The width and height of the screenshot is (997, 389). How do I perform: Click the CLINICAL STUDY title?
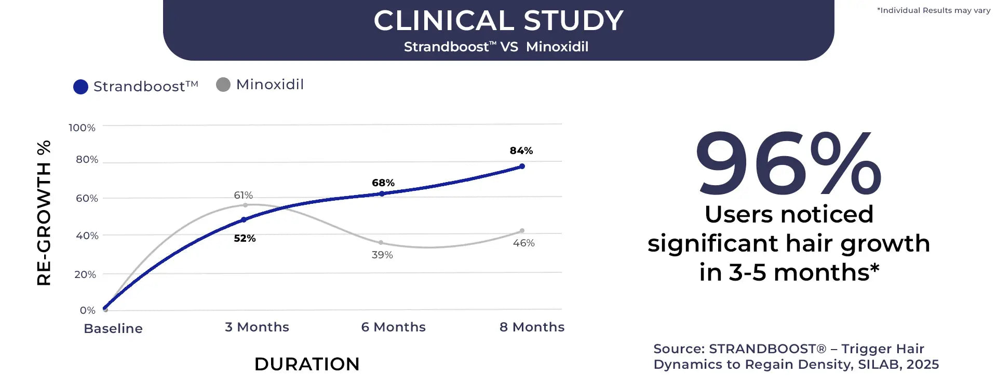498,21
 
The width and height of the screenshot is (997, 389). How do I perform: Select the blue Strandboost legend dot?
80,87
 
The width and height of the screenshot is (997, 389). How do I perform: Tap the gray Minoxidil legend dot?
223,85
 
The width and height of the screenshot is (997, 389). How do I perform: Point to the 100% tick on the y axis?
82,128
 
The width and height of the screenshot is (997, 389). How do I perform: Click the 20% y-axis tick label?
85,274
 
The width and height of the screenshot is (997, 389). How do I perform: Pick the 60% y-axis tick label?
87,198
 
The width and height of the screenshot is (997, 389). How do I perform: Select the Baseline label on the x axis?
113,328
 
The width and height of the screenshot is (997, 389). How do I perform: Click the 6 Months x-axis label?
393,327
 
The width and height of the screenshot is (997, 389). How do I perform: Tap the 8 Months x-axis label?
532,327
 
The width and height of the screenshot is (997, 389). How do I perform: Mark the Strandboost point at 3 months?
244,220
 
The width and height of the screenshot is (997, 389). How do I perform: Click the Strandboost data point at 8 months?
522,166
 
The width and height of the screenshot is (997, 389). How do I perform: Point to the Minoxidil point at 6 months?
381,243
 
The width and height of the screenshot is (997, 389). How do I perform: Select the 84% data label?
521,150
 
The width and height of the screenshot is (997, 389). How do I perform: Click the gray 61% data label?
243,195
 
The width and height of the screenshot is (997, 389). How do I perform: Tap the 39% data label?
382,255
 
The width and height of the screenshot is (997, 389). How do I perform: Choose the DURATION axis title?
307,364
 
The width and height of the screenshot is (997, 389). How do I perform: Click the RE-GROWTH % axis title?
44,213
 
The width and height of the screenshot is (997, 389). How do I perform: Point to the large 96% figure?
788,165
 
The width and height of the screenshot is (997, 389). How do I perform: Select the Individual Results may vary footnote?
934,10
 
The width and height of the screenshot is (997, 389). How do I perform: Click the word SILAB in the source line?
879,365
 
